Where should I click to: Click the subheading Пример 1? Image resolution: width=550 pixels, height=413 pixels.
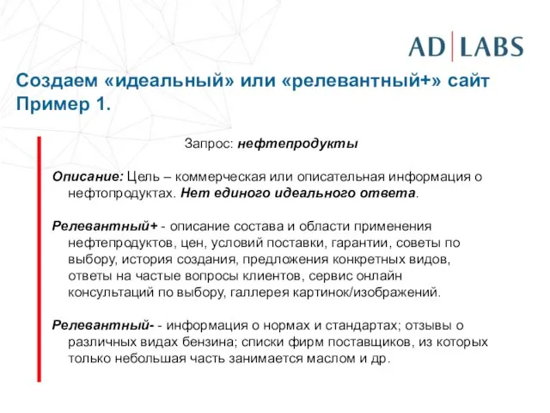tap(63, 104)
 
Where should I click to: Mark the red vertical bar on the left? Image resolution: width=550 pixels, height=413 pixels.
tap(39, 257)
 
